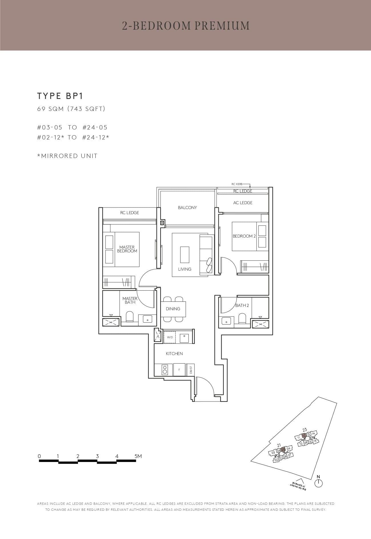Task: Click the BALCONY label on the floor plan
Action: (187, 208)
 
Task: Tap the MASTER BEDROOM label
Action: (127, 249)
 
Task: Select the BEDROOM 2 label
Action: (244, 236)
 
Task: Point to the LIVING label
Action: (185, 269)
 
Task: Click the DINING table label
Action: (173, 309)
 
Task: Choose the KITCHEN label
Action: (174, 354)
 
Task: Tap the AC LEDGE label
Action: (243, 203)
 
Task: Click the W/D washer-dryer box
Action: (170, 337)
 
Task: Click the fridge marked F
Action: (179, 370)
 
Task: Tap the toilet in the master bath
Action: (130, 317)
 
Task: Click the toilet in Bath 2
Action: (242, 319)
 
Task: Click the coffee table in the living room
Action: (185, 255)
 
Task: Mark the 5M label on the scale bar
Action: (138, 456)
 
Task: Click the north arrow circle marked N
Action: (318, 483)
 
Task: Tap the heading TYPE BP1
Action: (60, 96)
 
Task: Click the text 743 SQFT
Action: (86, 109)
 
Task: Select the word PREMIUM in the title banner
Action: (222, 26)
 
